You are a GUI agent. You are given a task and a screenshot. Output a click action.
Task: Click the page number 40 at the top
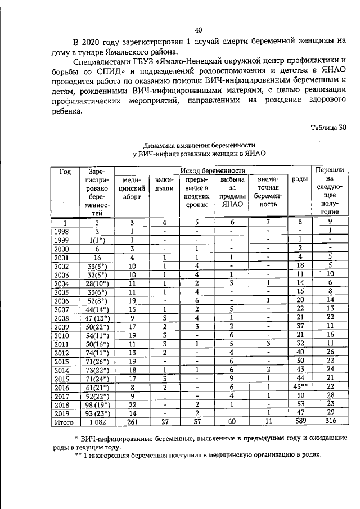point(198,30)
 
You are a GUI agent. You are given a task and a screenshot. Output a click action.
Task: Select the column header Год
point(65,170)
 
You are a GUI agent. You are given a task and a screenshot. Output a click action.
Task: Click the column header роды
point(300,179)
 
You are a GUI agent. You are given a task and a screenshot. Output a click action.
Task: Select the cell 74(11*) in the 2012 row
point(96,353)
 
